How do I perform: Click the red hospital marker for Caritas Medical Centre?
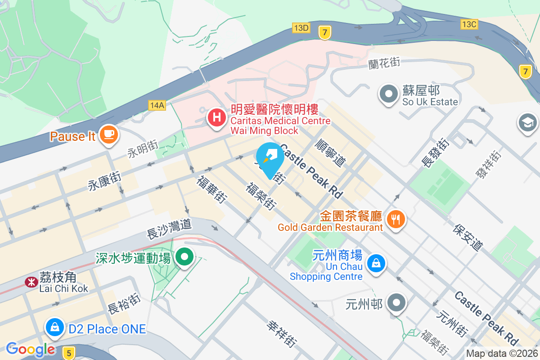click(216, 117)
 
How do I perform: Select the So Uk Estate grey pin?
click(388, 94)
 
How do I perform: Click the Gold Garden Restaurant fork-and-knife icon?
click(396, 219)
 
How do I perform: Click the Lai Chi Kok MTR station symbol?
click(31, 282)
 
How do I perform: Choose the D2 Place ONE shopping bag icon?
click(54, 327)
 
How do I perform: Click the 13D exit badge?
click(301, 28)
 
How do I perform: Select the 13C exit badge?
click(468, 24)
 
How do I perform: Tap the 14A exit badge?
click(157, 105)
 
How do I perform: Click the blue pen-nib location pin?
click(270, 157)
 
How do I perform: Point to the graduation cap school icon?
click(528, 122)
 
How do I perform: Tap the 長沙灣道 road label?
click(170, 228)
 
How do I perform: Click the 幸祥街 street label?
click(282, 333)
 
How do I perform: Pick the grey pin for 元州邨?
click(396, 302)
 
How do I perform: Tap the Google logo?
click(31, 349)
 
